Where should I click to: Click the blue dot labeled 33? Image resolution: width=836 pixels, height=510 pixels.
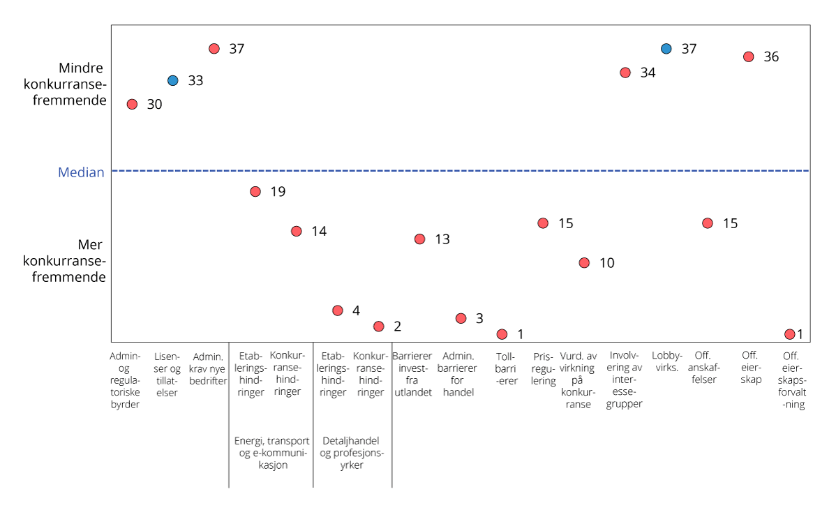(173, 80)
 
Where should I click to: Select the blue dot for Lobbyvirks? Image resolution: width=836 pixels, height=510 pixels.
(666, 49)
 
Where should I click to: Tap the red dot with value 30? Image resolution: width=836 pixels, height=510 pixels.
(132, 104)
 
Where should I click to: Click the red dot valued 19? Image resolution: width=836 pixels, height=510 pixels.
(255, 192)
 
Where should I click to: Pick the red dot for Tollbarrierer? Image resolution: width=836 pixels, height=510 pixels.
(502, 334)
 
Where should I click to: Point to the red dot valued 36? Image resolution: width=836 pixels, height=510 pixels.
(749, 57)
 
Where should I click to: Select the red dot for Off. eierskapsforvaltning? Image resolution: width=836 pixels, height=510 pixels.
(789, 334)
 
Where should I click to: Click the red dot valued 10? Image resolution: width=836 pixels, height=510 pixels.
(584, 263)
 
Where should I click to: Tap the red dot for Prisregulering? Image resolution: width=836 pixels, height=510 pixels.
(543, 223)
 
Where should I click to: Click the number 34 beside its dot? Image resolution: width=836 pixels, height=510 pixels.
(648, 73)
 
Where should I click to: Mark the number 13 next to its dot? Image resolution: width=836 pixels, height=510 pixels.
(442, 239)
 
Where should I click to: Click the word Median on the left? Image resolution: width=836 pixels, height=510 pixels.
(81, 172)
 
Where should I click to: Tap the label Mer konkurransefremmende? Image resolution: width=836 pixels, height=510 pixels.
(65, 262)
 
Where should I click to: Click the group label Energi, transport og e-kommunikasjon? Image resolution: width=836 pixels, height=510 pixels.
(271, 453)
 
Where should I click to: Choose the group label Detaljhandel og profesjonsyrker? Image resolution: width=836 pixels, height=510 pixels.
(352, 453)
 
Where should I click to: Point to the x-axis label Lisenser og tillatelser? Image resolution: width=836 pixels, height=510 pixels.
(166, 374)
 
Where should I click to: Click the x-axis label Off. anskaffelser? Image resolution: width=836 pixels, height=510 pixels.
(704, 368)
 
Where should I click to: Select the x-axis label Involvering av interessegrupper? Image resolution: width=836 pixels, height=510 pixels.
(625, 380)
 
